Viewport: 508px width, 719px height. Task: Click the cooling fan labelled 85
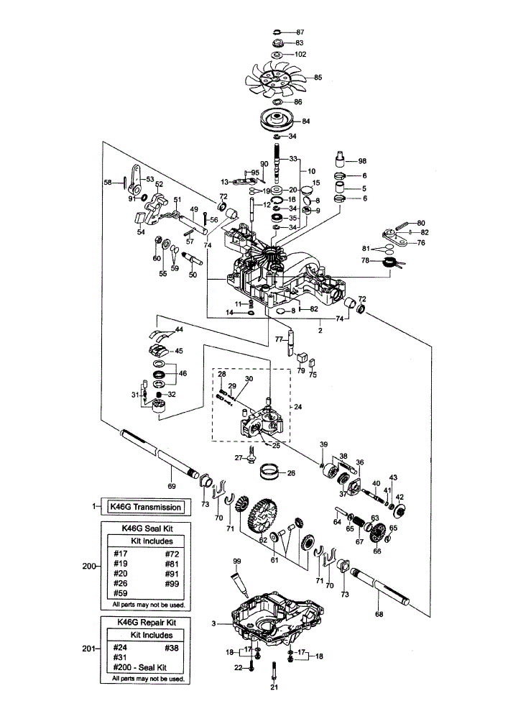[277, 78]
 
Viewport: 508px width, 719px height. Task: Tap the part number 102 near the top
[300, 54]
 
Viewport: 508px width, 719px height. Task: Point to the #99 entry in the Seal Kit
[172, 583]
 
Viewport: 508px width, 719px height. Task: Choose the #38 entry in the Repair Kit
[171, 648]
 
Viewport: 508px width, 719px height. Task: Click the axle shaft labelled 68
[379, 590]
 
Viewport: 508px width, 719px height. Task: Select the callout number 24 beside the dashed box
[297, 407]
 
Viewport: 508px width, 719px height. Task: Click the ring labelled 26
[270, 472]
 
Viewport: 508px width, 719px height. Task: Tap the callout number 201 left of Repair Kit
[89, 649]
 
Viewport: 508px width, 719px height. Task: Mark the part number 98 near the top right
[362, 161]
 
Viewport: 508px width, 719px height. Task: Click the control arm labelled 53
[134, 179]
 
